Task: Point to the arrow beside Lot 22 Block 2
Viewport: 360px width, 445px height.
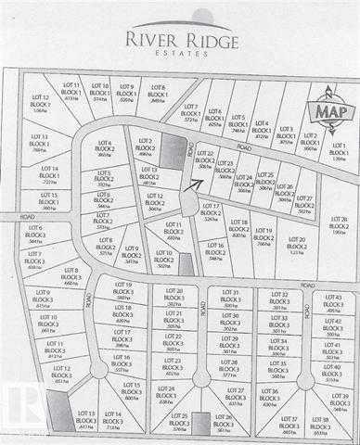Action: point(193,183)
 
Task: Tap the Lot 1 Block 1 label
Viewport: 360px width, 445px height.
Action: point(338,150)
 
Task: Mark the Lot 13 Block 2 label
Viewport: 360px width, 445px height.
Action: point(148,175)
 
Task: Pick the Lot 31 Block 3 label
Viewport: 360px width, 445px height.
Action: point(230,297)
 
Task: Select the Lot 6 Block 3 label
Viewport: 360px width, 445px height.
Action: point(35,232)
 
